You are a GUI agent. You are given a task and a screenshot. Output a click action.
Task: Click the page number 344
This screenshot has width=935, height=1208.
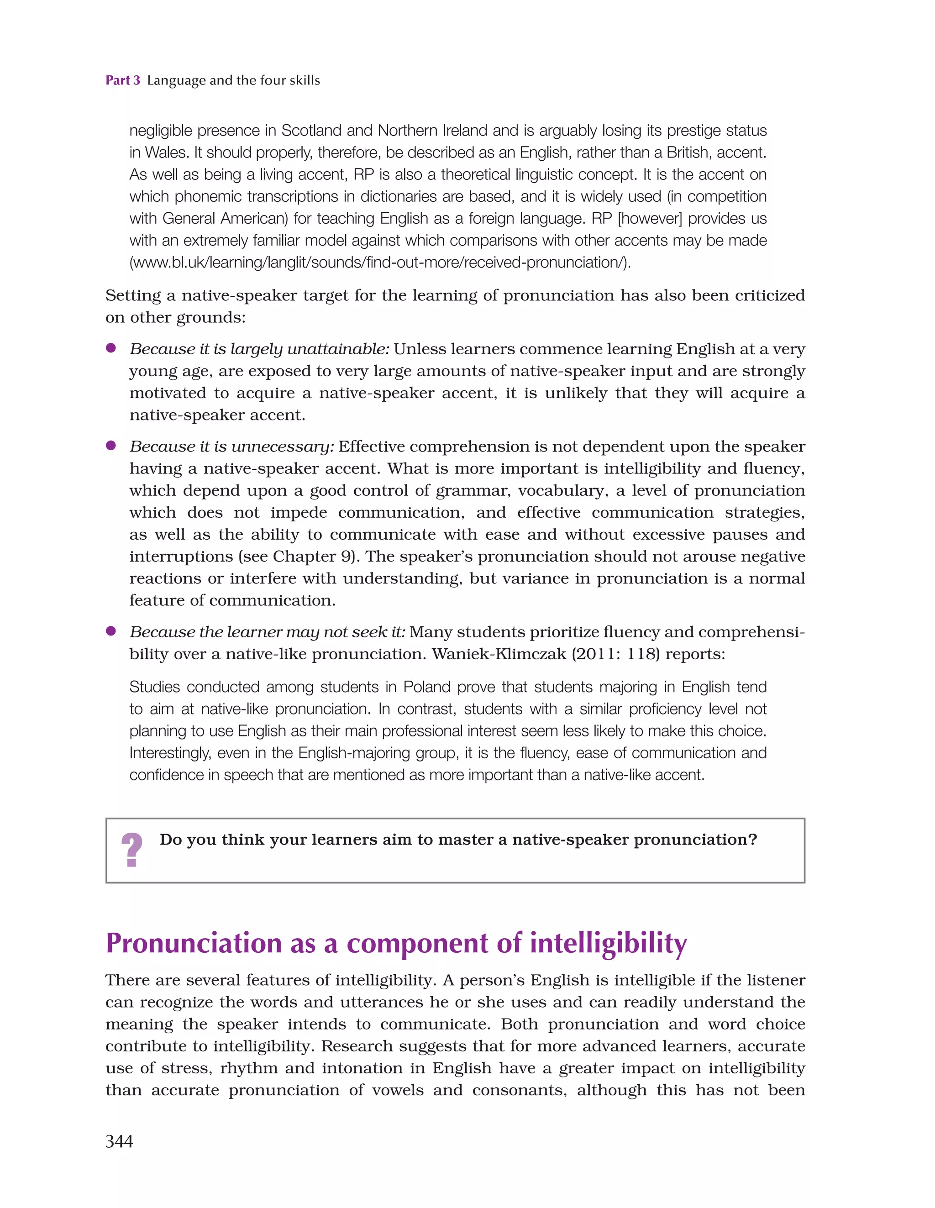[x=119, y=1141]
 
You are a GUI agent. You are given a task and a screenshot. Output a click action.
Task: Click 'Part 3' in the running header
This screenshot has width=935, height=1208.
[x=123, y=80]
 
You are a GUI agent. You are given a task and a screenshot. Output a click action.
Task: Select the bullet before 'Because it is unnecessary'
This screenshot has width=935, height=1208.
[x=110, y=445]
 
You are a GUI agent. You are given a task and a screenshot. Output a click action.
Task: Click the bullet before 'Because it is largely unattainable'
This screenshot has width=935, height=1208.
[x=110, y=348]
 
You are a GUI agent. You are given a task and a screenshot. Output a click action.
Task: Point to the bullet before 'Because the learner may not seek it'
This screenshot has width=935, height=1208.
[x=110, y=630]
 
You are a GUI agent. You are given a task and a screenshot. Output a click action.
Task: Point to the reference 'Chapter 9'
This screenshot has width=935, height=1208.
[x=314, y=557]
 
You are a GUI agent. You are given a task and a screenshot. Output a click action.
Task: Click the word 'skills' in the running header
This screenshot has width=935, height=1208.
[x=304, y=80]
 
